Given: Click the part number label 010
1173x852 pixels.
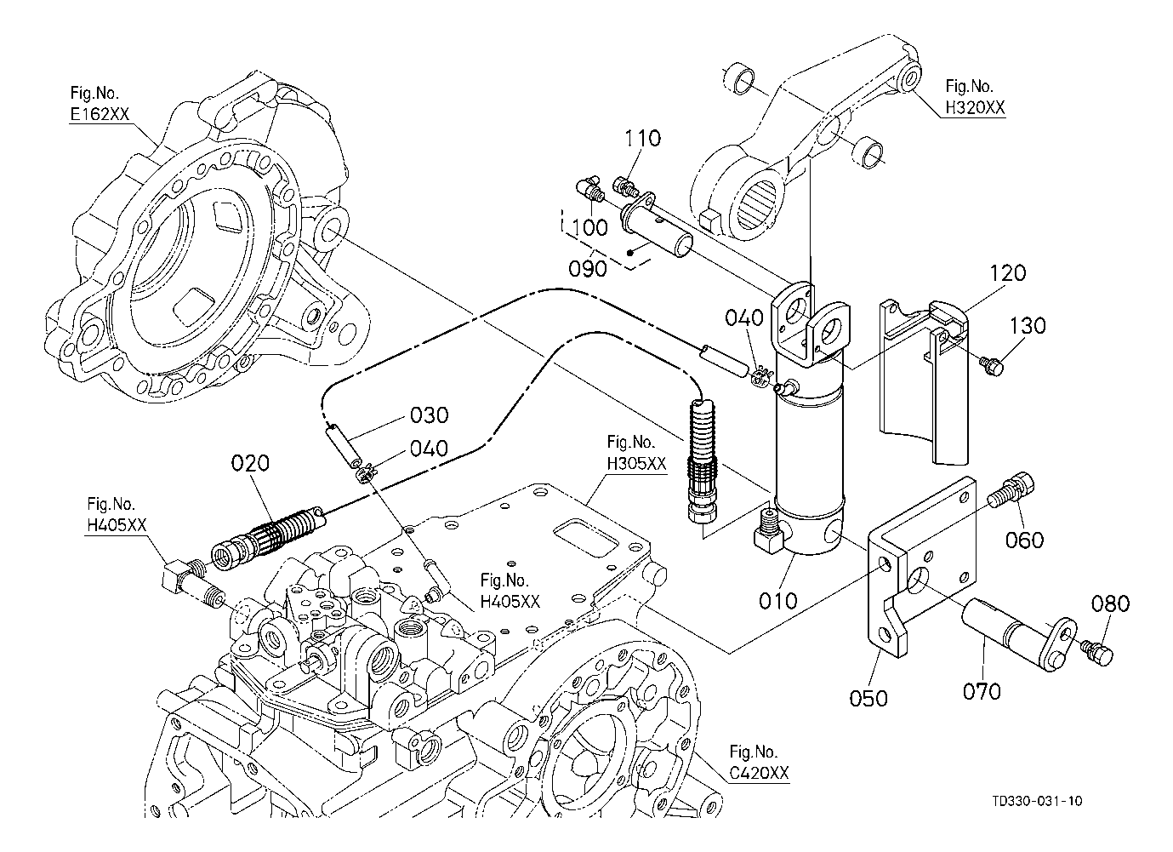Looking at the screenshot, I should pos(777,601).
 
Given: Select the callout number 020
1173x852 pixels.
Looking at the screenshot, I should pos(249,463).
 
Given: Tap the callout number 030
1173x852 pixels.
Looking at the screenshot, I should pos(429,415).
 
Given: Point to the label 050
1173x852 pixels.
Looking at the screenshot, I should pos(868,698).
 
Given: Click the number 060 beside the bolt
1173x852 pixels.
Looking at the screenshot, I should pos(1024,540).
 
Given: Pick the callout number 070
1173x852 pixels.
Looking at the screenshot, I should pos(982,690).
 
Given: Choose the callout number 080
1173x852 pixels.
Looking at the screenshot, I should pos(1110,604).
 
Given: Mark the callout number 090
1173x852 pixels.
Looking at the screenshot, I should pos(588,268).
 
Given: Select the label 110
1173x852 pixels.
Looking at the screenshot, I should pos(643,139).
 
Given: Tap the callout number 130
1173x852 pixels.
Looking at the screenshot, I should pos(1028,326).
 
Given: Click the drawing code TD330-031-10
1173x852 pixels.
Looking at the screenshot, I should pos(1037,801).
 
